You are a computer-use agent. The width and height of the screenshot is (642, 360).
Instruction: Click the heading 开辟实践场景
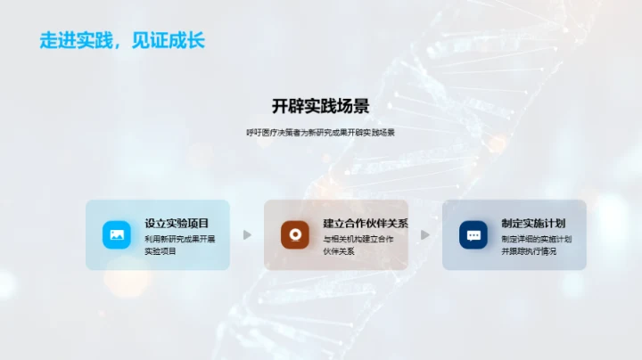pyautogui.click(x=320, y=106)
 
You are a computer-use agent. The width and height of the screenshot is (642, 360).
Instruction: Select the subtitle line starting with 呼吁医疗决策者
pyautogui.click(x=320, y=133)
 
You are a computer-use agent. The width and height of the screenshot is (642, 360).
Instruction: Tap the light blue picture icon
pyautogui.click(x=116, y=234)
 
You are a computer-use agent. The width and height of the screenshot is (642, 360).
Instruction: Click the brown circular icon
pyautogui.click(x=294, y=234)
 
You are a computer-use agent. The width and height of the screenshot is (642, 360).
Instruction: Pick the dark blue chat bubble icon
pyautogui.click(x=473, y=234)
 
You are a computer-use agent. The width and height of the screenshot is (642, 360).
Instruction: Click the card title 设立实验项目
pyautogui.click(x=177, y=224)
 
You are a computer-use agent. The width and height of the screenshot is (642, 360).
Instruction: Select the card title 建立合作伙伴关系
pyautogui.click(x=366, y=224)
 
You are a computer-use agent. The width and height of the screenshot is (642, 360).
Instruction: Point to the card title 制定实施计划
pyautogui.click(x=533, y=224)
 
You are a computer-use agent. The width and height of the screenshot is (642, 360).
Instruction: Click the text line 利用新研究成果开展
pyautogui.click(x=180, y=239)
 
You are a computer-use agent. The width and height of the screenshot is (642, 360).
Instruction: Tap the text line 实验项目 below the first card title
pyautogui.click(x=160, y=251)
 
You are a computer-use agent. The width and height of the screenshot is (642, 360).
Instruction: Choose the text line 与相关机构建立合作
pyautogui.click(x=358, y=239)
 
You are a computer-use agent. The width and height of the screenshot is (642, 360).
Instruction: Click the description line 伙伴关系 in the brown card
pyautogui.click(x=339, y=251)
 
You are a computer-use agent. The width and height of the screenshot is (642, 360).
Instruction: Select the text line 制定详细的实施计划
pyautogui.click(x=537, y=239)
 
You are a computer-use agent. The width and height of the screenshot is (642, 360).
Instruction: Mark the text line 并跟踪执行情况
pyautogui.click(x=530, y=251)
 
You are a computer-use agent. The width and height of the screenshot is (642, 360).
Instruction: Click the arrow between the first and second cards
pyautogui.click(x=247, y=235)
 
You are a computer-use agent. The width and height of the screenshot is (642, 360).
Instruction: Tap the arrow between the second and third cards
pyautogui.click(x=425, y=235)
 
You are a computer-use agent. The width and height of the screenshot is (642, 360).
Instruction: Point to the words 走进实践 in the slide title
pyautogui.click(x=71, y=41)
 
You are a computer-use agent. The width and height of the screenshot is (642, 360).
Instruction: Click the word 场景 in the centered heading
pyautogui.click(x=352, y=106)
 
